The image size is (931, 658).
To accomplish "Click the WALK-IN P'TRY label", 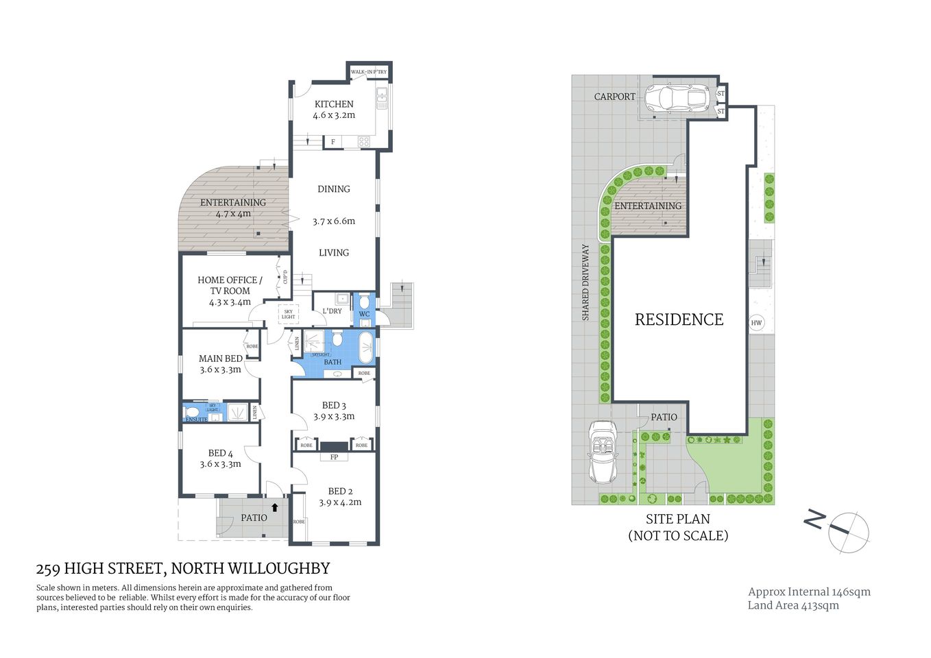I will [x=369, y=72].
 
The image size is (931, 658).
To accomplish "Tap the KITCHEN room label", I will [x=334, y=104].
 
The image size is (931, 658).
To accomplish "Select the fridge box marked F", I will [x=333, y=142].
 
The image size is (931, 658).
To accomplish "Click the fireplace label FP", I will [x=334, y=457].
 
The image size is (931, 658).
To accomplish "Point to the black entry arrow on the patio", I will [x=275, y=508].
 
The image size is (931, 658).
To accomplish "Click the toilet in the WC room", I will [x=364, y=302].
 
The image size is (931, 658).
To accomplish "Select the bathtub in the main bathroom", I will [x=366, y=348].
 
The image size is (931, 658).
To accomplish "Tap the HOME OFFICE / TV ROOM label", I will [x=230, y=285].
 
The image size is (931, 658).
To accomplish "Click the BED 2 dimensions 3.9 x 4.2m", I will [x=340, y=502].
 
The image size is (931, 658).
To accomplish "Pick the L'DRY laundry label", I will [x=332, y=311].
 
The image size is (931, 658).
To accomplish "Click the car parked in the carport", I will [x=675, y=97].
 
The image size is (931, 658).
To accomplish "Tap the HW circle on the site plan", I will [x=756, y=323].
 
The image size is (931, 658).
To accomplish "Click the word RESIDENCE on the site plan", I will [x=679, y=319].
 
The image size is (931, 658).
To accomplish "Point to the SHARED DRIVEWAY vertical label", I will [x=585, y=282].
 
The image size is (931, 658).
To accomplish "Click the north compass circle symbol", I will [x=849, y=532].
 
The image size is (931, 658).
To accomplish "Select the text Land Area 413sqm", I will [x=793, y=605].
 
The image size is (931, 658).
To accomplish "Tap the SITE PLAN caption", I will [x=677, y=519].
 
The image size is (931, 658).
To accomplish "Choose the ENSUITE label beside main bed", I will [x=196, y=419].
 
